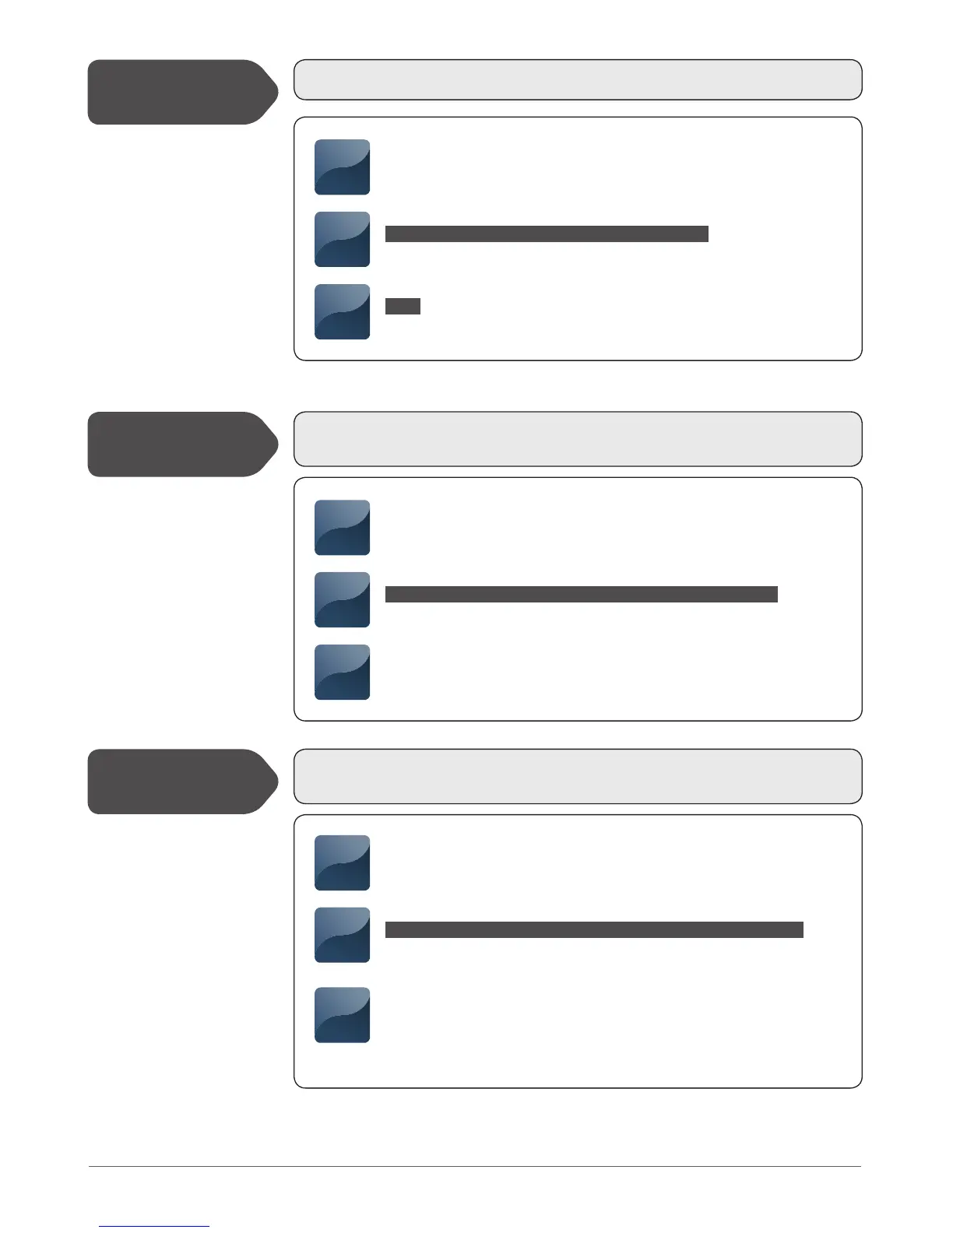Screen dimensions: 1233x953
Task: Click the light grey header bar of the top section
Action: point(577,79)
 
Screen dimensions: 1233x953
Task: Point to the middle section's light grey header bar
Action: point(577,439)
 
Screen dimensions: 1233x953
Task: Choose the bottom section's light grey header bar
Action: point(577,776)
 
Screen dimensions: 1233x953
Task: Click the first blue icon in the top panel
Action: point(342,167)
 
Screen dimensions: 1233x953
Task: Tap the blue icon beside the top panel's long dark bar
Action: point(342,239)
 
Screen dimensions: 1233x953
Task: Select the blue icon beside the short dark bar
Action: point(342,311)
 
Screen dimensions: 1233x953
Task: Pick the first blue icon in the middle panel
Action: point(342,528)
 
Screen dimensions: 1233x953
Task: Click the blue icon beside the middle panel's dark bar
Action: point(342,599)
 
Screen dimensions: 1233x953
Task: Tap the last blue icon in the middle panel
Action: point(342,672)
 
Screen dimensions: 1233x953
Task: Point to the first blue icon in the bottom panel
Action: point(342,862)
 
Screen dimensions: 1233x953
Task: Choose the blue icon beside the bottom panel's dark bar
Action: point(342,935)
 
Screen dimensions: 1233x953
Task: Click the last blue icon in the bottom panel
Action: point(342,1015)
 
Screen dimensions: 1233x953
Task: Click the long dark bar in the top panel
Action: point(547,234)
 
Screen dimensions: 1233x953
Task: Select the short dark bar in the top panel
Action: point(403,306)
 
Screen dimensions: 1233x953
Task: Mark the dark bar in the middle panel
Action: point(581,595)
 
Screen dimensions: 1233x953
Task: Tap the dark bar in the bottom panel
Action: point(594,929)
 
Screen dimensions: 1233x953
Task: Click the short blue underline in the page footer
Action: point(154,1226)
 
